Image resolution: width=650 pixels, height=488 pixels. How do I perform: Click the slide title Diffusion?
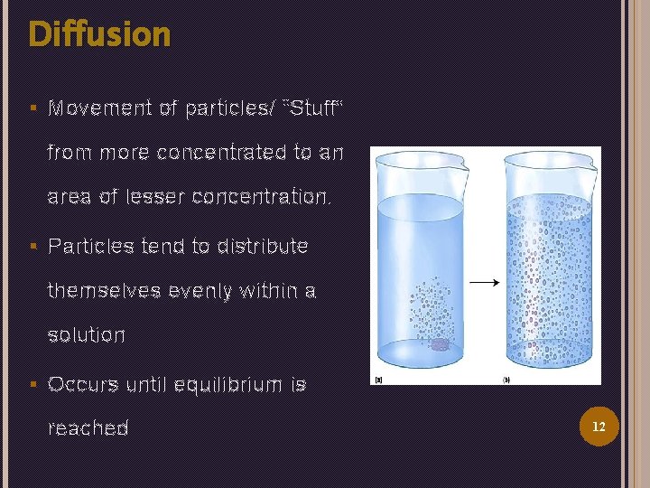point(99,34)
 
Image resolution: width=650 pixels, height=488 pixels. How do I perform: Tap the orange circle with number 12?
point(598,425)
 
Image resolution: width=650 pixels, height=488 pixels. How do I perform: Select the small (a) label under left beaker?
point(379,380)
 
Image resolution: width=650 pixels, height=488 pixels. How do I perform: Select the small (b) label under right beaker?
point(506,380)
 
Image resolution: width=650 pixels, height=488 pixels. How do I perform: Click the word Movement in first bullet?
point(100,108)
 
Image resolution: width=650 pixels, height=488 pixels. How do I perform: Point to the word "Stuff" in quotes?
point(313,108)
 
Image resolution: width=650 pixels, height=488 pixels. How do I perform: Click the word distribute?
point(263,246)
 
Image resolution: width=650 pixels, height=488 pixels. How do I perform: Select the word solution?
point(86,335)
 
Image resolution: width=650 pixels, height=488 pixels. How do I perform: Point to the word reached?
point(88,428)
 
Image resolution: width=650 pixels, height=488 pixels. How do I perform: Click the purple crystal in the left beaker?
point(438,344)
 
